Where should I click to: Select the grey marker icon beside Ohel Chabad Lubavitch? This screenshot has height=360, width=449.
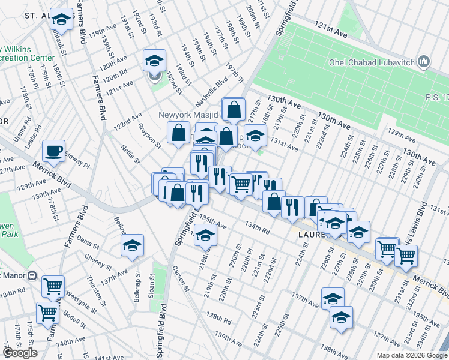424,61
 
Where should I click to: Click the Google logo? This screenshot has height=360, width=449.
20,353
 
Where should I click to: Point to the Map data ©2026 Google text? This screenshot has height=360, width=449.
411,355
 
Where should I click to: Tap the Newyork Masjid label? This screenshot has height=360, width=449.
189,115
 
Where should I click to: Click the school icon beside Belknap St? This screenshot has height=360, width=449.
132,244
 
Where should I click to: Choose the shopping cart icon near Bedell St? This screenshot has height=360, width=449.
47,312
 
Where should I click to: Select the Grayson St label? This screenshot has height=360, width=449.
150,136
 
